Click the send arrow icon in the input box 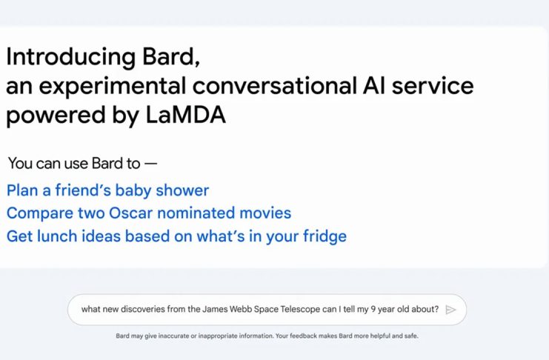coord(450,310)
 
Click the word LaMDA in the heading coord(185,116)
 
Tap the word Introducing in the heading coord(70,57)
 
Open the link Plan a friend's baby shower coord(108,190)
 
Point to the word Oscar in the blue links coord(131,213)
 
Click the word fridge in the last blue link coord(325,236)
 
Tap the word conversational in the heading coord(275,86)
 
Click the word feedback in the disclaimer coord(302,336)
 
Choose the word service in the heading coord(433,86)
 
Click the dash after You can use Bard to coord(150,164)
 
